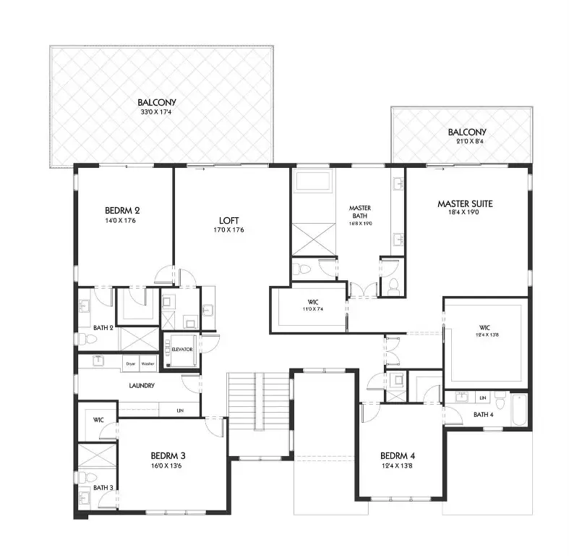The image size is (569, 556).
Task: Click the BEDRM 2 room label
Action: point(122,211)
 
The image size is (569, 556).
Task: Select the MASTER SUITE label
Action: point(465,204)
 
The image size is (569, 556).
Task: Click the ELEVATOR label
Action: point(182,348)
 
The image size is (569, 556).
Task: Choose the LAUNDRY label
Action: point(142,386)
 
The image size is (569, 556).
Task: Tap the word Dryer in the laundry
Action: point(131,363)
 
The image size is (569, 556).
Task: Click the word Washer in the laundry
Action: point(147,363)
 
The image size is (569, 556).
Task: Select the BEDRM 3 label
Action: point(168,455)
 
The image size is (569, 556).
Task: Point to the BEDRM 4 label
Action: point(398,456)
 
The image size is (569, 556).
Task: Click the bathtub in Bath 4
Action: point(518,408)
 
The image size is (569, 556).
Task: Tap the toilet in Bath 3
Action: point(85,476)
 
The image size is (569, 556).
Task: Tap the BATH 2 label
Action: point(103,328)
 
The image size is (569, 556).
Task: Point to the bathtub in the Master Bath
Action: point(313,181)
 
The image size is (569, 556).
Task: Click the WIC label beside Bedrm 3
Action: point(98,420)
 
